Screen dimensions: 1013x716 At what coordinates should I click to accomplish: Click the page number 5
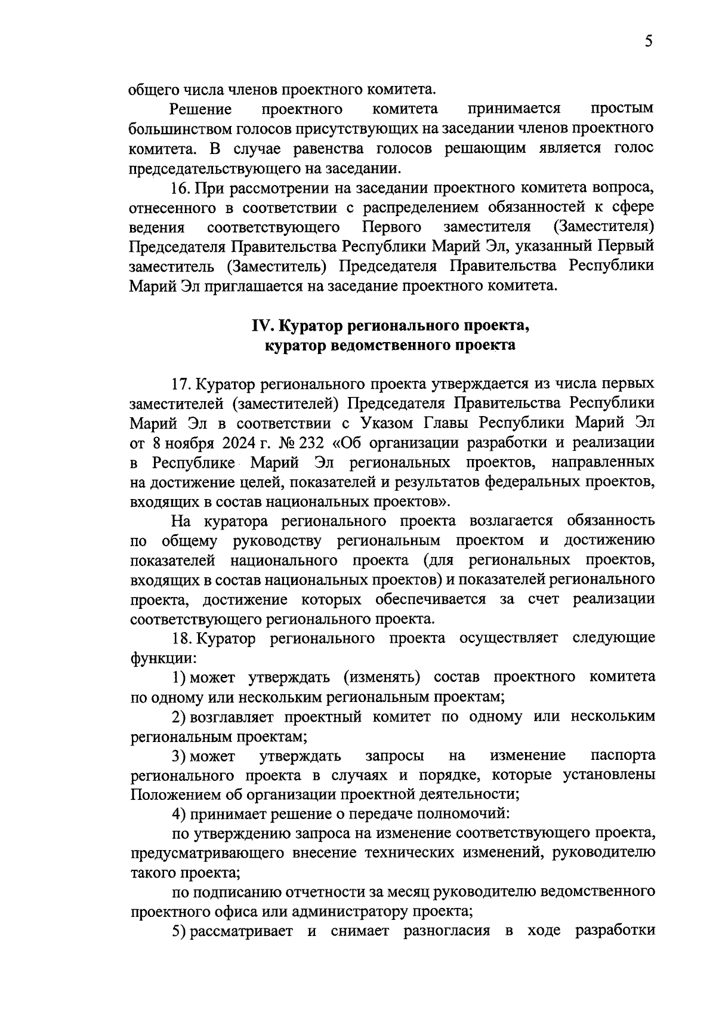tap(649, 41)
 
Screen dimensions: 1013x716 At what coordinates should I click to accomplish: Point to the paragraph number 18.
tap(181, 638)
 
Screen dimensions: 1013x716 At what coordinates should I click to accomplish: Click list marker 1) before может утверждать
tap(179, 678)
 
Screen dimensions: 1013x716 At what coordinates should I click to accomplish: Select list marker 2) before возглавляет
tap(179, 717)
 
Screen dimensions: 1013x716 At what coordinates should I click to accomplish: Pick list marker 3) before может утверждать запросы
tap(179, 756)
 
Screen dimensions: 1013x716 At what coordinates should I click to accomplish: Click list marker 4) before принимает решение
tap(179, 814)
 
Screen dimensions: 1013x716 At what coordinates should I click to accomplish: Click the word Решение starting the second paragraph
tap(200, 109)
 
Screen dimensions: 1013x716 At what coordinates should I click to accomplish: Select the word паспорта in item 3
tap(622, 756)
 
